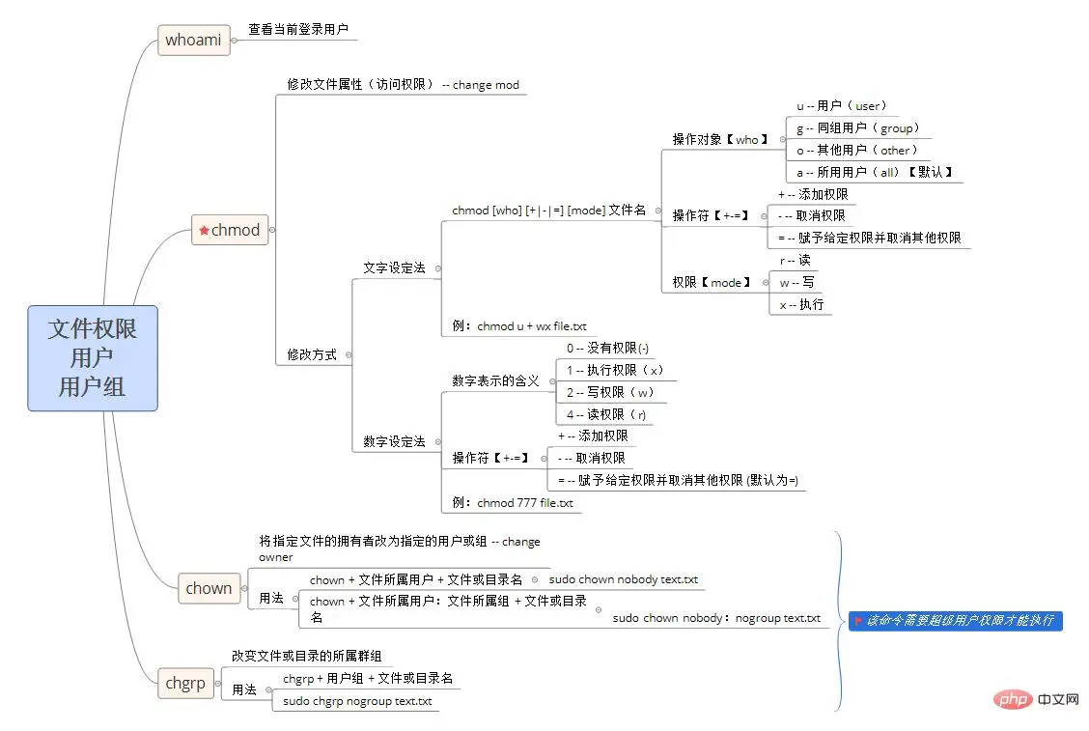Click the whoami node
tap(193, 40)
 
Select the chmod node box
tap(230, 230)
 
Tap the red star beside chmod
tap(204, 231)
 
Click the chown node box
tap(209, 588)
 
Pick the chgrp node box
tap(185, 683)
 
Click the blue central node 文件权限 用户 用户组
tap(92, 358)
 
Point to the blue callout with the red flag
tap(956, 620)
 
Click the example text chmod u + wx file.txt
tap(519, 326)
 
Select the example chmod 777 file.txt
tap(513, 502)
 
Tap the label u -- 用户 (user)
tap(841, 106)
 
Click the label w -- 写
tap(797, 282)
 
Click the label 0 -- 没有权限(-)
tap(607, 348)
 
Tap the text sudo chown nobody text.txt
tap(623, 579)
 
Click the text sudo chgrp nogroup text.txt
tap(357, 701)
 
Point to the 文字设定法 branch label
tap(394, 267)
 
